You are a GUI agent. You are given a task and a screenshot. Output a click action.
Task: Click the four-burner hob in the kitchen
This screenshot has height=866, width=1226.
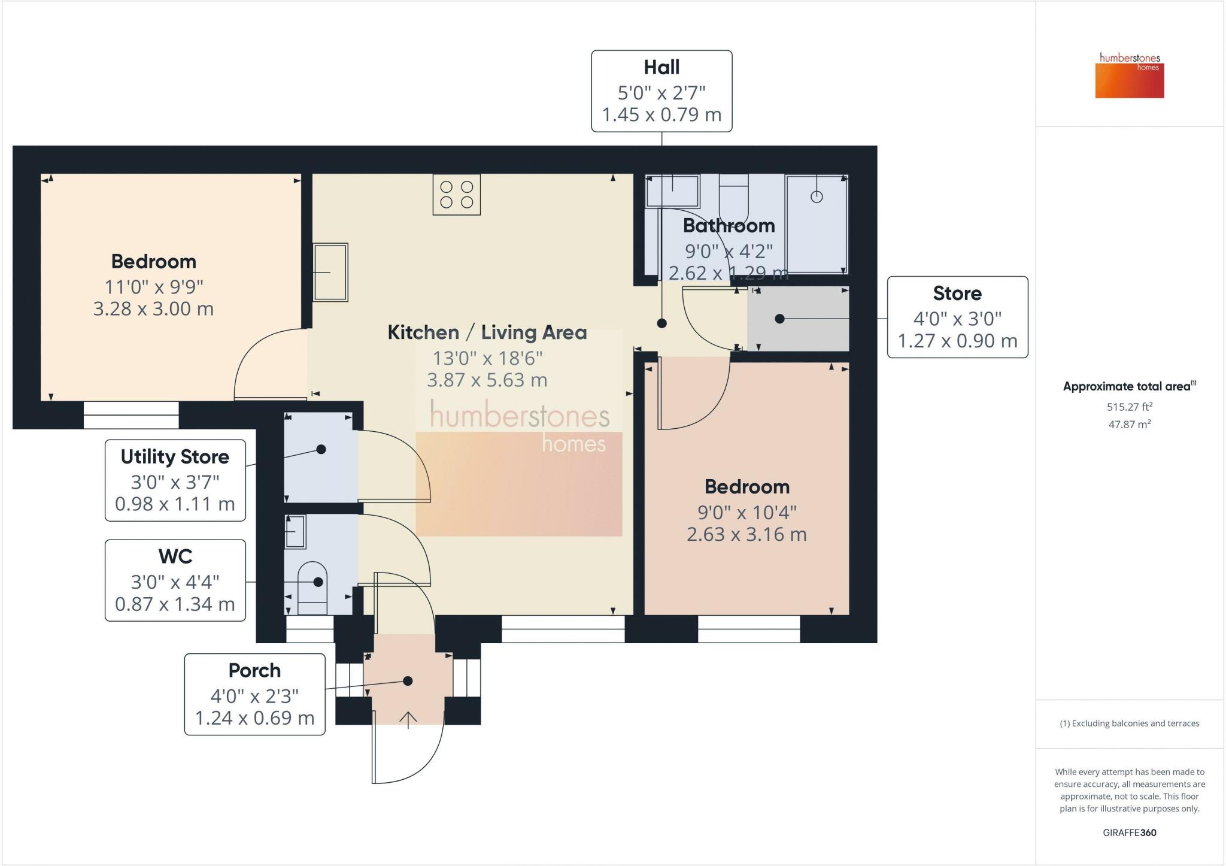coord(457,194)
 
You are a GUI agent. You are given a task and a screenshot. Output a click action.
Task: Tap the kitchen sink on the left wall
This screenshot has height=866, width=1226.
coord(330,272)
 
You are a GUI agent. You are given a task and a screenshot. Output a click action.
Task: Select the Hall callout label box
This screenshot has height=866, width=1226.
coord(661,91)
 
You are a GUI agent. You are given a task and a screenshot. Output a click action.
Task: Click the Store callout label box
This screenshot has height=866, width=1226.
coord(957,317)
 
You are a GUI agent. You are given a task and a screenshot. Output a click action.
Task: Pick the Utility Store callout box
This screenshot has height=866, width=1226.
coord(175,480)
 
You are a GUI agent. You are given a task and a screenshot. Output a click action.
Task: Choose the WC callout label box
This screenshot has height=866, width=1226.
coord(175,580)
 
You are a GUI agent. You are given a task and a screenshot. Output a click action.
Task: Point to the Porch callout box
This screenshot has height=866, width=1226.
coord(254,694)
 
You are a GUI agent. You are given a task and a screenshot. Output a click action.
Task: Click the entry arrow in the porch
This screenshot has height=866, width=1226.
coord(408,720)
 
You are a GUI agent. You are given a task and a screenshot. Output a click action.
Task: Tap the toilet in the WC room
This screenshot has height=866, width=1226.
coord(312,588)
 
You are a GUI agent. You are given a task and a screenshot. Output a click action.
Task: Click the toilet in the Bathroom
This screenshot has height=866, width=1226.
coord(734,198)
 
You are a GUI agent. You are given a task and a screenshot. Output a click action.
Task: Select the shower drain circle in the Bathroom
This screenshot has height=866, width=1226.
coord(817,196)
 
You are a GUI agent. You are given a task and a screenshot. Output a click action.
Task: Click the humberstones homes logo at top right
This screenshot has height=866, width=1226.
coord(1130,75)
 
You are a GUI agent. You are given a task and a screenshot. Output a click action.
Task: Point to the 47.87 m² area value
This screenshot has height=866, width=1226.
coord(1129,424)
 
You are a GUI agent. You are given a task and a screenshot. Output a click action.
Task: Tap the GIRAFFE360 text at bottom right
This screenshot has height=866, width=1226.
coord(1129,832)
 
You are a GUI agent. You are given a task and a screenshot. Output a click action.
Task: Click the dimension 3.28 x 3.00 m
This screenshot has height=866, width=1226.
coord(153,309)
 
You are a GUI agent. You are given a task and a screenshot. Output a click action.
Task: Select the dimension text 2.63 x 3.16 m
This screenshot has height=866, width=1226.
coord(746,534)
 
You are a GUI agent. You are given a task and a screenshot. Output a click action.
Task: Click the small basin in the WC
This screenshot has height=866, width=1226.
coord(295,531)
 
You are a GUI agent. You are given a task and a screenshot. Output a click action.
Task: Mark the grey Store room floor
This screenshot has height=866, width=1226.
coord(798,319)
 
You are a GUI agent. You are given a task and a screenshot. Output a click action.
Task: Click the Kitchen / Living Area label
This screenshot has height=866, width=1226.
coord(487,332)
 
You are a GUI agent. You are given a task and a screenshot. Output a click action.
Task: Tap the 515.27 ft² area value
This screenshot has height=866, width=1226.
coord(1130,407)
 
